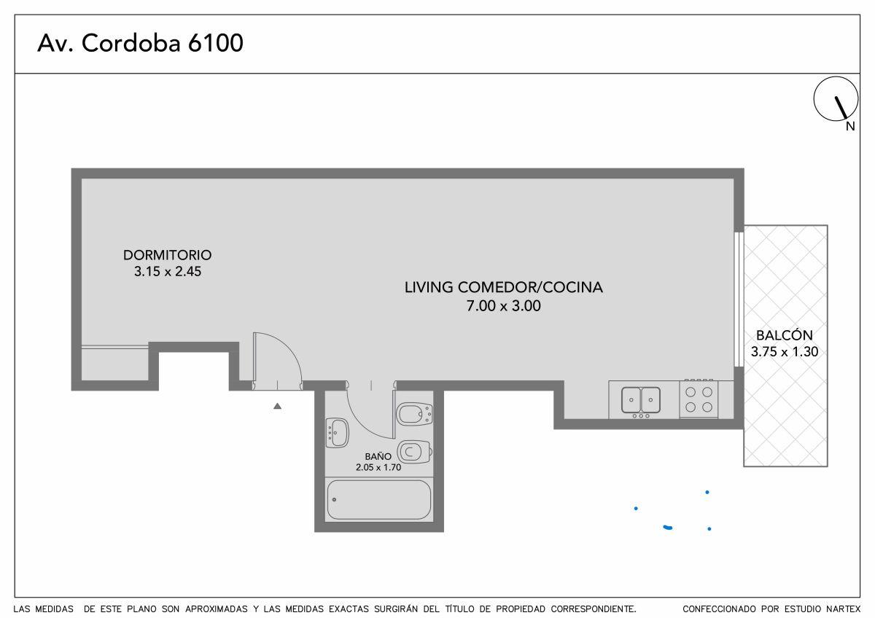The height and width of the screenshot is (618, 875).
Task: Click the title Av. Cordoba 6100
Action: click(x=140, y=44)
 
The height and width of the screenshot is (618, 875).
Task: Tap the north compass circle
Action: click(x=836, y=100)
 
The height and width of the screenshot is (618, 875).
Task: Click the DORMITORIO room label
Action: click(x=167, y=255)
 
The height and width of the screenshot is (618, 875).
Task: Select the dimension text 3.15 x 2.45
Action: click(x=167, y=273)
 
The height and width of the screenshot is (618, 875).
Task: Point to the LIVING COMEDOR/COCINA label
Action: click(x=503, y=287)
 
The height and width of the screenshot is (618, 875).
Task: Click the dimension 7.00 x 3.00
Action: click(x=503, y=306)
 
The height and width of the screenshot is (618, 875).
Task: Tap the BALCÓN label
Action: click(x=784, y=336)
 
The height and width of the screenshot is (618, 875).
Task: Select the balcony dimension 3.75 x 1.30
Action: click(x=784, y=352)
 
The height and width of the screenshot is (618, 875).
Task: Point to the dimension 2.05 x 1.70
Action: click(x=378, y=467)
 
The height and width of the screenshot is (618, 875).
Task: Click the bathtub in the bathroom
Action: click(x=378, y=499)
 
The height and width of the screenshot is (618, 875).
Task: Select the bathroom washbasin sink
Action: click(x=337, y=433)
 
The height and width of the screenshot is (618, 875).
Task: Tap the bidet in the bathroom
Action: click(x=414, y=415)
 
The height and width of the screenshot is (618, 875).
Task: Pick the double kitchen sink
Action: click(x=640, y=399)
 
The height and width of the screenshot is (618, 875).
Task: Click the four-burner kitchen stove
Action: click(x=699, y=399)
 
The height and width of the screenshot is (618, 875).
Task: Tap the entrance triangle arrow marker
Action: click(x=277, y=406)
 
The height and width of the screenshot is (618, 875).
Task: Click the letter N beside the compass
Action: click(x=850, y=127)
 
